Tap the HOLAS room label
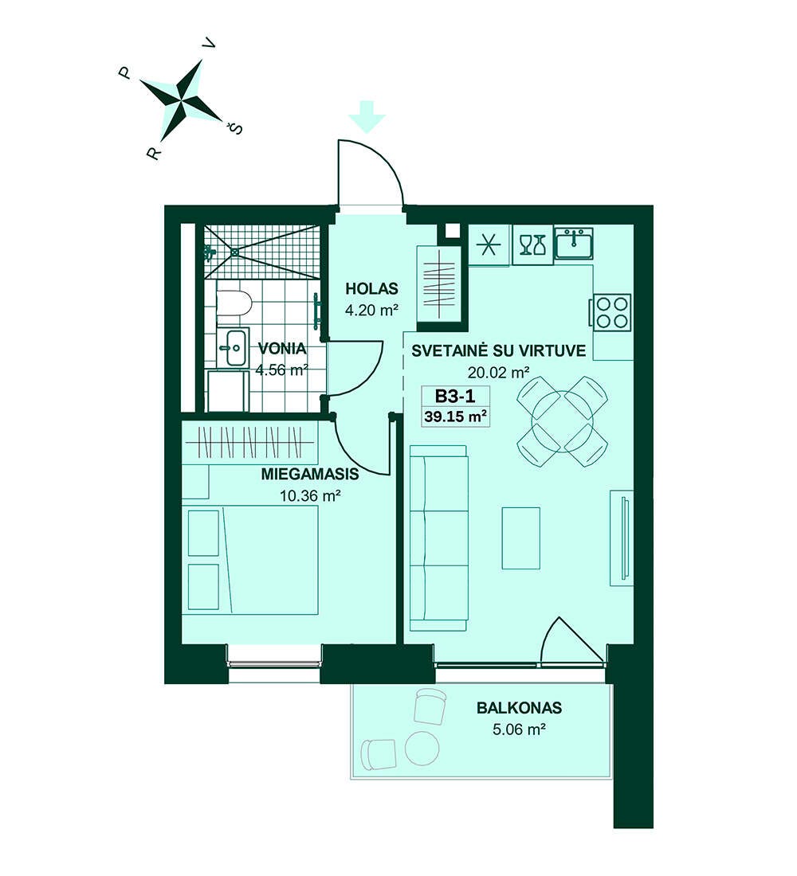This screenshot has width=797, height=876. pos(371,289)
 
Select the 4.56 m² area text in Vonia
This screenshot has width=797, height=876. pos(282,370)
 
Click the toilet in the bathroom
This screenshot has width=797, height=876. pos(234,303)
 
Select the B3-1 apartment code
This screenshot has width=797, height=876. pos(455,396)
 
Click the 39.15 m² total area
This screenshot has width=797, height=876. pos(455,416)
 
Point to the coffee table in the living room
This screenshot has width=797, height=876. pos(520,538)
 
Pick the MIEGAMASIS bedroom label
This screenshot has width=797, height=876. pos(310,475)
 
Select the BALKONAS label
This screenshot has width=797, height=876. pos(519,708)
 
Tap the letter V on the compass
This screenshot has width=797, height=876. pos(211,46)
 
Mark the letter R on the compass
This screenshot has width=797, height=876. pos(153,153)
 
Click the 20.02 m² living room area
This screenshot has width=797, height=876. pos(498,372)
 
